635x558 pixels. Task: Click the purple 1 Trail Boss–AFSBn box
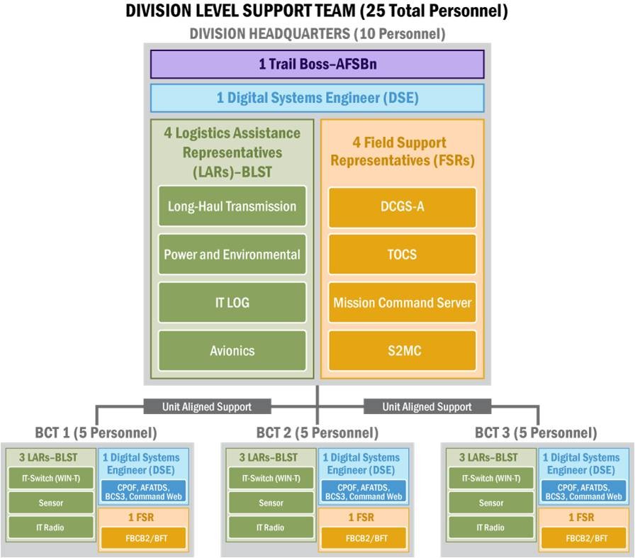coord(317,64)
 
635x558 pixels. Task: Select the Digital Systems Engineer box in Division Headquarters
coord(317,98)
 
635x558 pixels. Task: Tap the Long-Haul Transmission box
coord(232,206)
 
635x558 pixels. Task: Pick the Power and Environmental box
coord(232,255)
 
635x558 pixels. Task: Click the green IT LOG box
coord(232,303)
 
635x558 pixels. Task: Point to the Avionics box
coord(232,350)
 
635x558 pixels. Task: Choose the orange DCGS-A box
coord(402,207)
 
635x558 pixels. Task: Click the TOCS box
coord(402,255)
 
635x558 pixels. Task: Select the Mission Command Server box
coord(402,303)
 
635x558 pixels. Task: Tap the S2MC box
coord(402,350)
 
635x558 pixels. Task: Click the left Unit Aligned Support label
coord(207,406)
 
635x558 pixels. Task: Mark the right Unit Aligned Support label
coord(427,406)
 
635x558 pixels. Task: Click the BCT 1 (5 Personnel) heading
coord(96,433)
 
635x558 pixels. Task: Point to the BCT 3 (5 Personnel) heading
coord(536,433)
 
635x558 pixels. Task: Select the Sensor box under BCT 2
coord(271,503)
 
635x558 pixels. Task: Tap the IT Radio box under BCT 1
coord(50,528)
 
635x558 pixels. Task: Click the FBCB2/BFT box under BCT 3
coord(586,538)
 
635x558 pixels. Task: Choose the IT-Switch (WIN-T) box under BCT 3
coord(491,478)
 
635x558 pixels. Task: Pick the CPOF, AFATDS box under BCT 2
coord(364,492)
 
